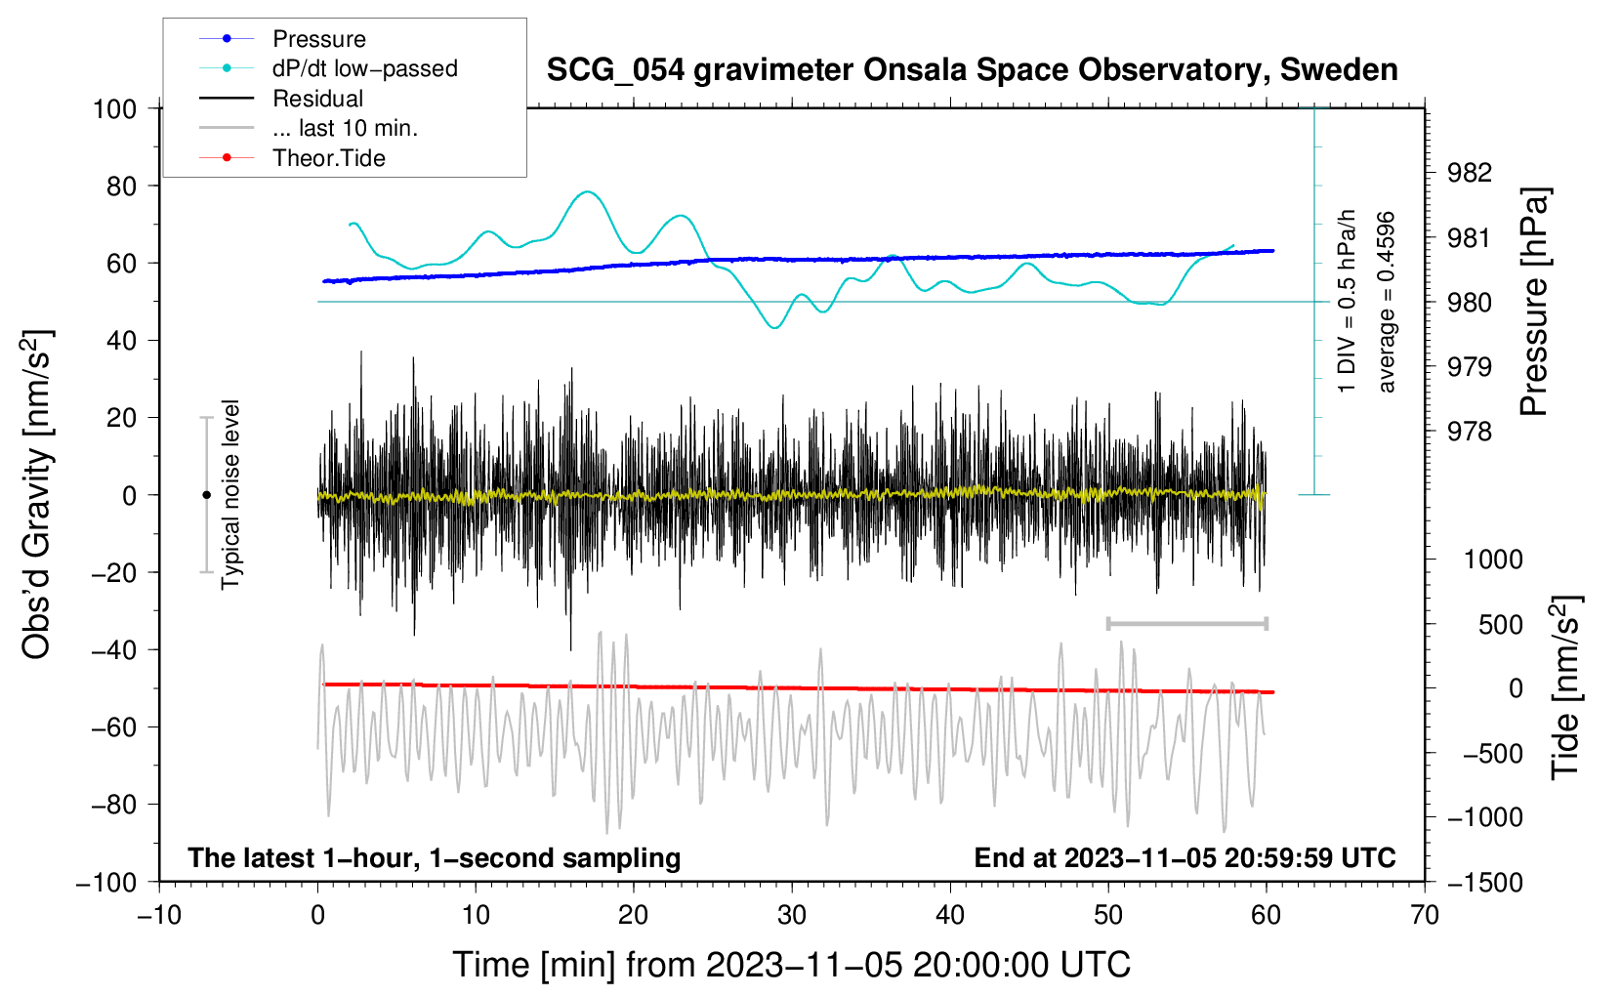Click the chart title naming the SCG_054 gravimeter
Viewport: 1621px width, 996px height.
click(x=972, y=70)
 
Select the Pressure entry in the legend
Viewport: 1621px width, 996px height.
click(x=319, y=38)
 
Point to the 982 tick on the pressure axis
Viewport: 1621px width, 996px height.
click(x=1469, y=173)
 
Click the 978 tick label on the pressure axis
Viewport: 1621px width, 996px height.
click(x=1469, y=432)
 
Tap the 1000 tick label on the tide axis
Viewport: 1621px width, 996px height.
click(x=1493, y=560)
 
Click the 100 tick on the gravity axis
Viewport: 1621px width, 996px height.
click(x=114, y=109)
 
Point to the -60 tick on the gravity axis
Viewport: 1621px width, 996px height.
click(x=113, y=727)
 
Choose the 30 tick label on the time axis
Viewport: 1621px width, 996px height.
click(x=792, y=916)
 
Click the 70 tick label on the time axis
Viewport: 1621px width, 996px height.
click(x=1424, y=916)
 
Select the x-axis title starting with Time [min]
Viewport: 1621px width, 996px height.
click(x=792, y=965)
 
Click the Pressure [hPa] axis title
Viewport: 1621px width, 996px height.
click(x=1533, y=302)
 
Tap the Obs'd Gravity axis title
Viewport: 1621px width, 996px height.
click(x=36, y=494)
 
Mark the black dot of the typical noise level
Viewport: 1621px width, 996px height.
click(x=206, y=495)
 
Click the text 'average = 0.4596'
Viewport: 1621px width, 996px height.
click(x=1386, y=303)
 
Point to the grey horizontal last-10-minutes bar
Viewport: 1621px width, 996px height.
click(x=1186, y=623)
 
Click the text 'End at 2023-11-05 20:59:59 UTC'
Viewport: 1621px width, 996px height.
click(x=1185, y=857)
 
